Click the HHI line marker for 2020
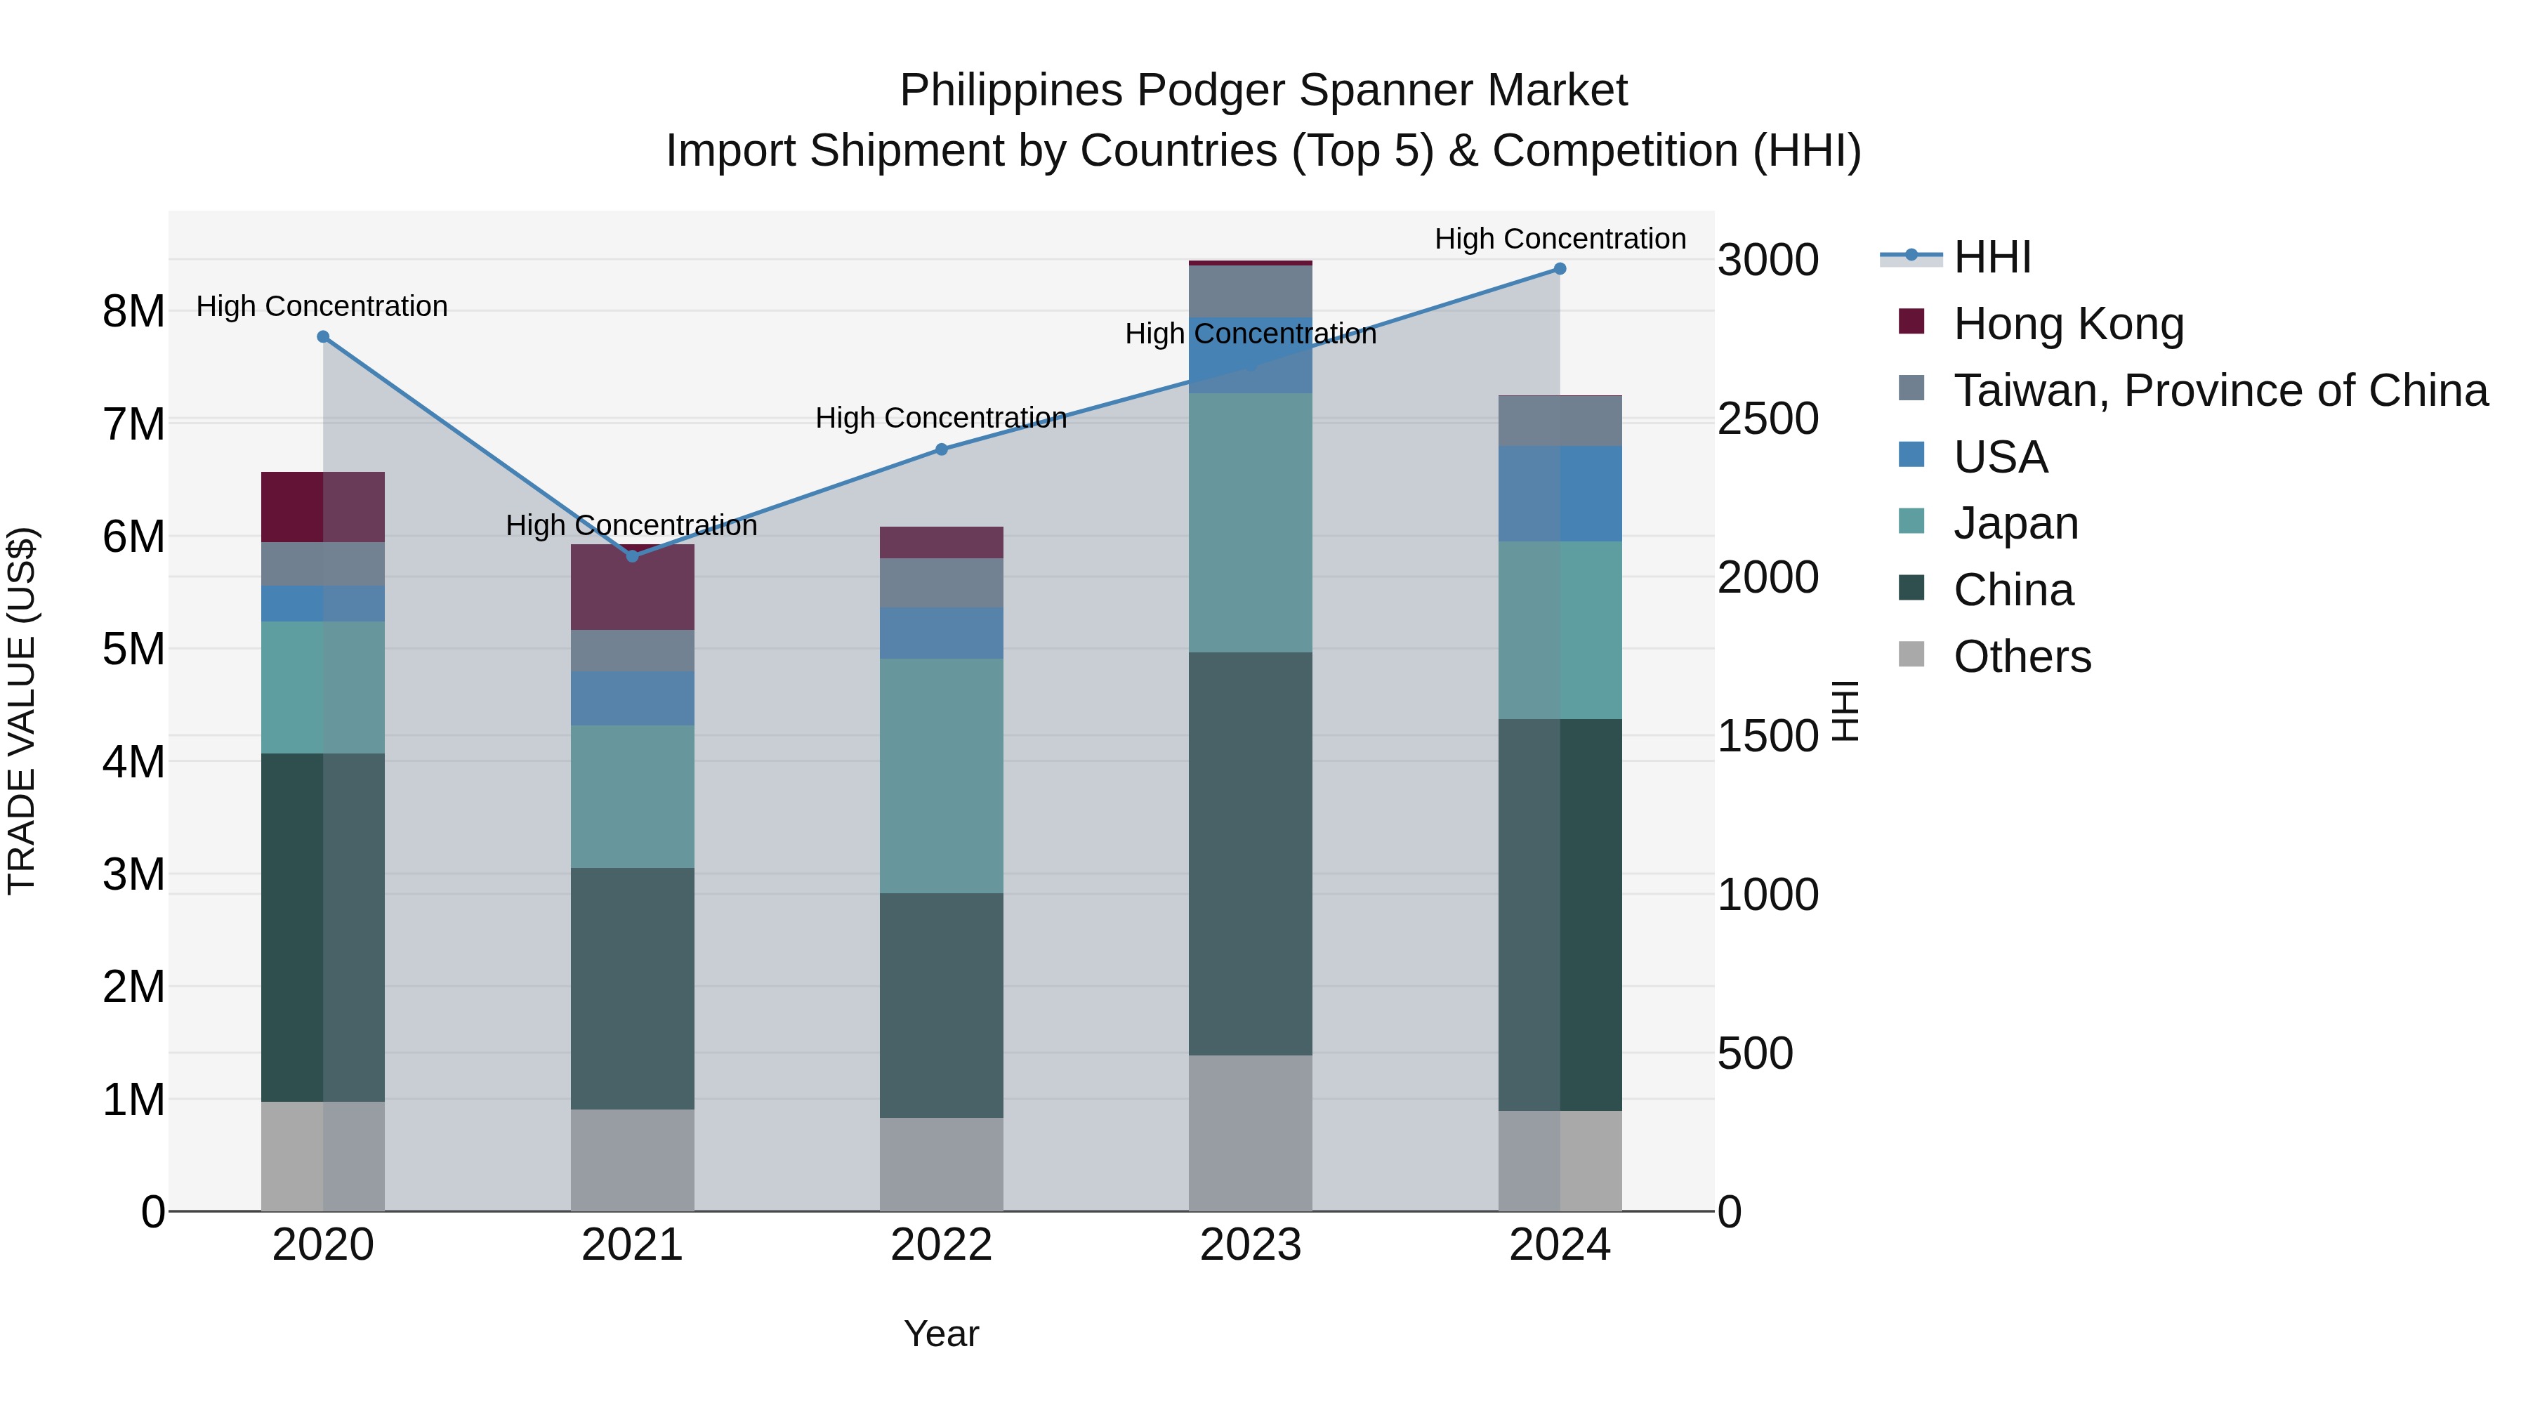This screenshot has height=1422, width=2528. tap(323, 336)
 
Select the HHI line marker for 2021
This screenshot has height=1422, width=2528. tap(632, 556)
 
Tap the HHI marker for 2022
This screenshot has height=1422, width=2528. tap(941, 449)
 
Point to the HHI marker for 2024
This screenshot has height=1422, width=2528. tap(1560, 269)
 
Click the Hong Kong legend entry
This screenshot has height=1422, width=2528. tap(2068, 324)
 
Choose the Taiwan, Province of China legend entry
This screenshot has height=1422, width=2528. tap(2220, 390)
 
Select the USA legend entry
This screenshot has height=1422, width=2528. tap(2000, 457)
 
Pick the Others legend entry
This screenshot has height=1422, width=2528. tap(2022, 657)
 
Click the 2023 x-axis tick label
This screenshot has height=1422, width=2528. tap(1250, 1245)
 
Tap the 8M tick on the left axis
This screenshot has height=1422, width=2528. tap(133, 312)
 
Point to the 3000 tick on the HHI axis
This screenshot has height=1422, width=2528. tap(1767, 261)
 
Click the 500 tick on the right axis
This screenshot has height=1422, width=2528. tap(1755, 1054)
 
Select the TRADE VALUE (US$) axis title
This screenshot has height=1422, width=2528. tap(22, 711)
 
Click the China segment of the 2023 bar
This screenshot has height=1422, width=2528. tap(1250, 854)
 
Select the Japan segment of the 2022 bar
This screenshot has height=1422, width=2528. tap(941, 775)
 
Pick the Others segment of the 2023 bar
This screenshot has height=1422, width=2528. tap(1250, 1133)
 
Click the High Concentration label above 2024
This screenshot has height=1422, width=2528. tap(1560, 239)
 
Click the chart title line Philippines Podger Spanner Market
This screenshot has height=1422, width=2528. tap(1263, 91)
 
